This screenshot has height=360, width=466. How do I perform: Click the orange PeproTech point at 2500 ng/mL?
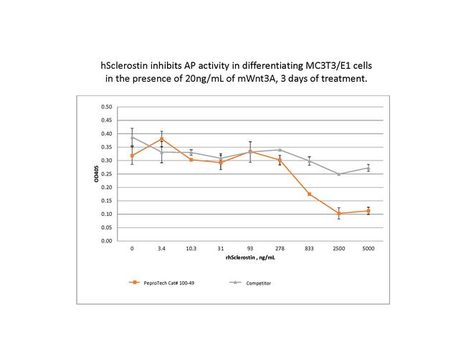(338, 213)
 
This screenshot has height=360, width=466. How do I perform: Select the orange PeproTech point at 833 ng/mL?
(309, 194)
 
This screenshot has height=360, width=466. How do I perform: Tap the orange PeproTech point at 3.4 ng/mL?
(161, 139)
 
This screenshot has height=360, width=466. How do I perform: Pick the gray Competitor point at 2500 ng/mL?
(338, 174)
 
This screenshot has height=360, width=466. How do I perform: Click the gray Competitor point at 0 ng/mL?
(132, 137)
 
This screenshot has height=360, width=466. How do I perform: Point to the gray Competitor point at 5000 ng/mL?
(368, 168)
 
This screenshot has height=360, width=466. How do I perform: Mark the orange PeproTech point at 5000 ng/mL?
(368, 211)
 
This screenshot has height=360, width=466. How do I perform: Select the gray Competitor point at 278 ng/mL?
(280, 150)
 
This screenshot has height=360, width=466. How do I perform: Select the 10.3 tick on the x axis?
(191, 249)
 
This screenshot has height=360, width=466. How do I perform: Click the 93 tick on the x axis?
(250, 249)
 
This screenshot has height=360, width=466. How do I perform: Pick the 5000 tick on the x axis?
(368, 249)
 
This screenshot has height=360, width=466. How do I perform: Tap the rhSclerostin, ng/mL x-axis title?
(250, 258)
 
